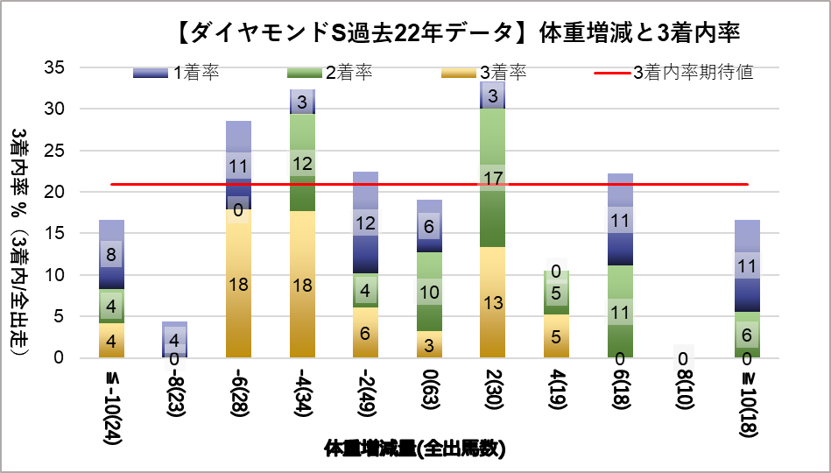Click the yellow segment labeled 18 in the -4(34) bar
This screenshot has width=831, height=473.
[x=302, y=284]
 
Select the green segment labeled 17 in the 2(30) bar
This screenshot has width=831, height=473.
[x=493, y=178]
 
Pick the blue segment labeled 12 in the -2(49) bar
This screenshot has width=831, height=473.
[x=366, y=222]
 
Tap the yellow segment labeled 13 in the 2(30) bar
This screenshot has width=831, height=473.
[x=493, y=302]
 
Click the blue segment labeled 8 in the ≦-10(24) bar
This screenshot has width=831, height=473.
[x=111, y=254]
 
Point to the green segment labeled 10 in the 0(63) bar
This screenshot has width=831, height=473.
[x=429, y=292]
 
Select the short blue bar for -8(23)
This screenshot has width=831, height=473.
[x=174, y=339]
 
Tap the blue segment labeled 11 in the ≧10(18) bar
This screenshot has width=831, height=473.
[x=746, y=265]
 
